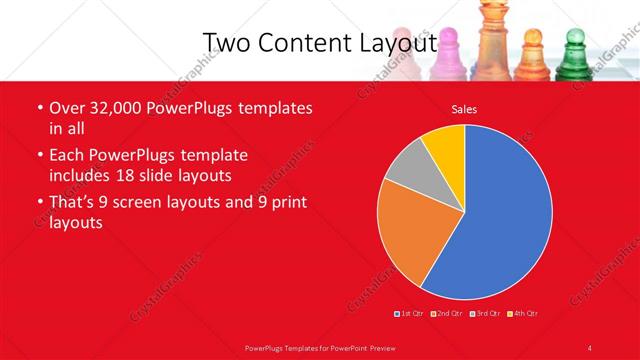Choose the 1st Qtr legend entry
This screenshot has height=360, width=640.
[410, 314]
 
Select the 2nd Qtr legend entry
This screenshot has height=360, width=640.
[447, 314]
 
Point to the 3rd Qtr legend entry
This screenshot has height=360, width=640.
[484, 314]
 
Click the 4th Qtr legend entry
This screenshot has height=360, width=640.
[523, 314]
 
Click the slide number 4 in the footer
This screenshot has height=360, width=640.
[590, 347]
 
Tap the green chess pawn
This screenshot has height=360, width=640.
[574, 55]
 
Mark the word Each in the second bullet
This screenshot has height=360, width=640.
[66, 156]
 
